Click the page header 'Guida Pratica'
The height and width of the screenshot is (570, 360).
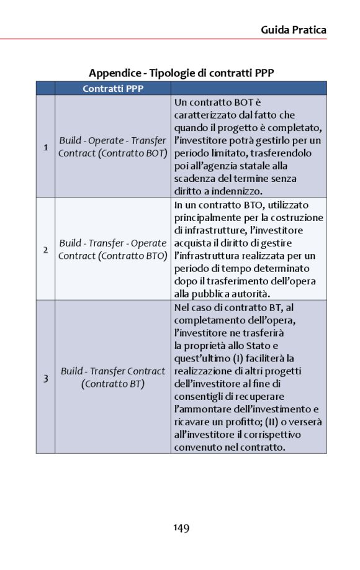tap(293, 29)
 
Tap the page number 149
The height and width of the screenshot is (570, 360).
tap(181, 528)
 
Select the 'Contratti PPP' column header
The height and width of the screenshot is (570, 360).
tap(113, 89)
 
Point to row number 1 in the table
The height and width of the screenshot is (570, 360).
tap(45, 147)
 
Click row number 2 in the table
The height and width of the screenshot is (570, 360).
tap(45, 250)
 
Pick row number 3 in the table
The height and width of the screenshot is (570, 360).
tap(45, 378)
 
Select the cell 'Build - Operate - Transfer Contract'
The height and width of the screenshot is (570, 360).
tap(113, 147)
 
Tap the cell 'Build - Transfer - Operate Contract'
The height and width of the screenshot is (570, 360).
tap(113, 249)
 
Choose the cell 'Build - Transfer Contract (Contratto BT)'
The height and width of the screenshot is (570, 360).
tap(113, 378)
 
